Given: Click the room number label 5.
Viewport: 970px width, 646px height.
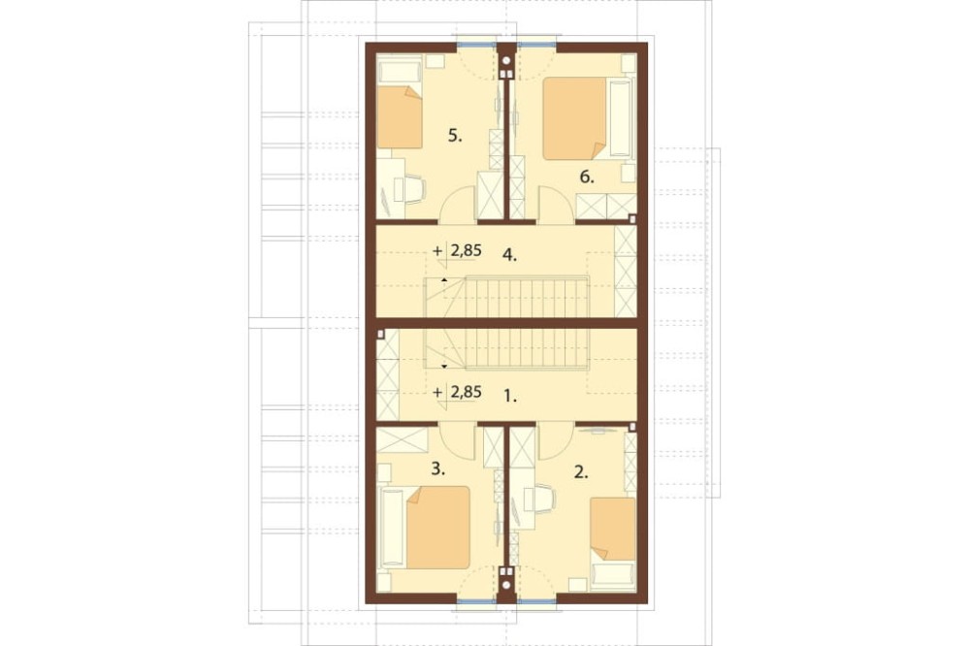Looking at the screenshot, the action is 455,136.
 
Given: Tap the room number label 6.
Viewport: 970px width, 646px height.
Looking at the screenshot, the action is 587,178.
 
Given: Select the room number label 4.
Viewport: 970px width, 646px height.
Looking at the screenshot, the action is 510,254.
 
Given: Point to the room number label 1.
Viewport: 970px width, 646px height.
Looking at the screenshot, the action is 510,396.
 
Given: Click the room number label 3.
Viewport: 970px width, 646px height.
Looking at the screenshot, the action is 438,469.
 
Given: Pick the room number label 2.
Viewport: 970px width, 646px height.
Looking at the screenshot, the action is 581,472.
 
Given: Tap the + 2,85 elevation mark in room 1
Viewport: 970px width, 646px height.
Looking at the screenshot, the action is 457,392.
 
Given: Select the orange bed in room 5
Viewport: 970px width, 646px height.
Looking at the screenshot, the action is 400,117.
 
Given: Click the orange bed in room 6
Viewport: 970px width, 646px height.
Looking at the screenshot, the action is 574,118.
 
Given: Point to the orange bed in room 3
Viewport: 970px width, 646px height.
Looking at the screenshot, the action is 438,528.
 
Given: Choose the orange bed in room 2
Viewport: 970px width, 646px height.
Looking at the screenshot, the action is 613,529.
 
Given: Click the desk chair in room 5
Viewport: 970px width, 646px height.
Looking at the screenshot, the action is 413,189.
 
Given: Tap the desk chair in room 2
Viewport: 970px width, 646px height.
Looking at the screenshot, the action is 542,499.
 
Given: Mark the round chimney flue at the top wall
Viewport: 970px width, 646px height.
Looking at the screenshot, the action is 506,61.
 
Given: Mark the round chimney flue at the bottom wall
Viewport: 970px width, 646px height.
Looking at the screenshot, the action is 506,585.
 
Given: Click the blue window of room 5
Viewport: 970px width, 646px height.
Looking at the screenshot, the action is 477,45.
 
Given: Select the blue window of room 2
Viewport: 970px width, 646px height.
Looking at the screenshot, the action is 537,600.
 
